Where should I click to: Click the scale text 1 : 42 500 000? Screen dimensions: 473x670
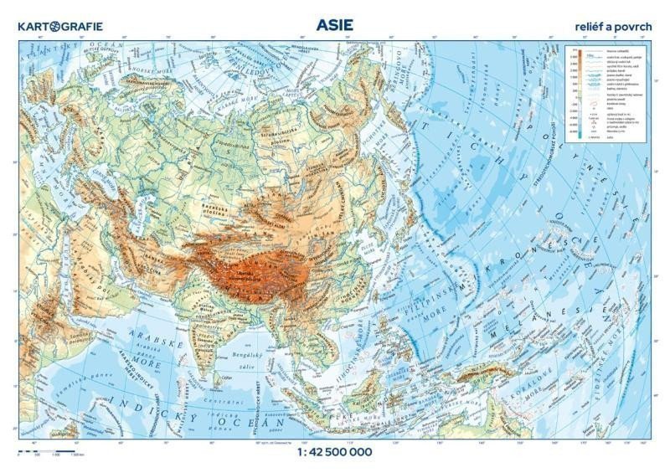pyautogui.click(x=334, y=453)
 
